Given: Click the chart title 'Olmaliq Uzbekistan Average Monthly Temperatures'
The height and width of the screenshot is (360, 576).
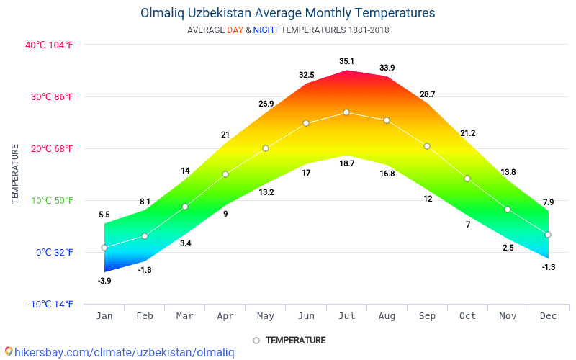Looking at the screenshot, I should click(288, 13).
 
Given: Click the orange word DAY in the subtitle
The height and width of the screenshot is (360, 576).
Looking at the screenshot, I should click(235, 30).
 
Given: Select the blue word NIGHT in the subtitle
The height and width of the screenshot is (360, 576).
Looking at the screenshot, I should click(266, 30).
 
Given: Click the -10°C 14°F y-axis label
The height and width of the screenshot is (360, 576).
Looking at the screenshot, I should click(50, 304).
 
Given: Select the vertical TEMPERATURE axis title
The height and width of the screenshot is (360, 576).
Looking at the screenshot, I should click(15, 174).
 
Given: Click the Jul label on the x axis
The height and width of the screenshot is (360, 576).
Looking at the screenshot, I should click(346, 315).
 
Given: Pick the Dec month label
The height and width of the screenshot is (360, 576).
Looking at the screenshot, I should click(548, 315).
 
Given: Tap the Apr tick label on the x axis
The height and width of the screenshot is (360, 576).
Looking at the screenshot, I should click(225, 315).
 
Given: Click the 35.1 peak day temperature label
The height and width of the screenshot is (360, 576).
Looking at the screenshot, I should click(346, 61).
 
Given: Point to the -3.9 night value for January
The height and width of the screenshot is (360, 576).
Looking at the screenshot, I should click(104, 281).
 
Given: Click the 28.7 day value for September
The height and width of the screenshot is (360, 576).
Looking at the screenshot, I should click(427, 94).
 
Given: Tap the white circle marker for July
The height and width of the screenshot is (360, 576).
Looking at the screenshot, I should click(346, 112).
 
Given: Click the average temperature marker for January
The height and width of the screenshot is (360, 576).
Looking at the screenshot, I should click(104, 248).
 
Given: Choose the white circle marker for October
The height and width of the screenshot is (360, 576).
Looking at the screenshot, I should click(467, 179).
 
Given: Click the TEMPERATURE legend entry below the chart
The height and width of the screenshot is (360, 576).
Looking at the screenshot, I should click(289, 340).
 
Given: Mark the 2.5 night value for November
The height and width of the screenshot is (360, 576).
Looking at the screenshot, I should click(508, 248).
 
